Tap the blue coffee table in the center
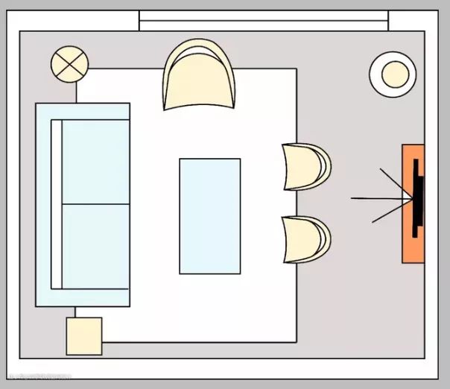click(x=209, y=215)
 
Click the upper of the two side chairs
click(x=305, y=166)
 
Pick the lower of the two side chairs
click(x=305, y=239)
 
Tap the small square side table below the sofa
click(x=84, y=336)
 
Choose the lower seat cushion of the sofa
click(x=95, y=246)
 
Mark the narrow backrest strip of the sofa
click(x=56, y=204)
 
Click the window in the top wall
click(x=263, y=20)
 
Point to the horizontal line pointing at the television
click(x=376, y=198)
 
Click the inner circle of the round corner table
click(x=394, y=73)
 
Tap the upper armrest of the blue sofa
click(x=82, y=111)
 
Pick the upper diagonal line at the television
click(x=394, y=182)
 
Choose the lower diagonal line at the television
click(x=390, y=212)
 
